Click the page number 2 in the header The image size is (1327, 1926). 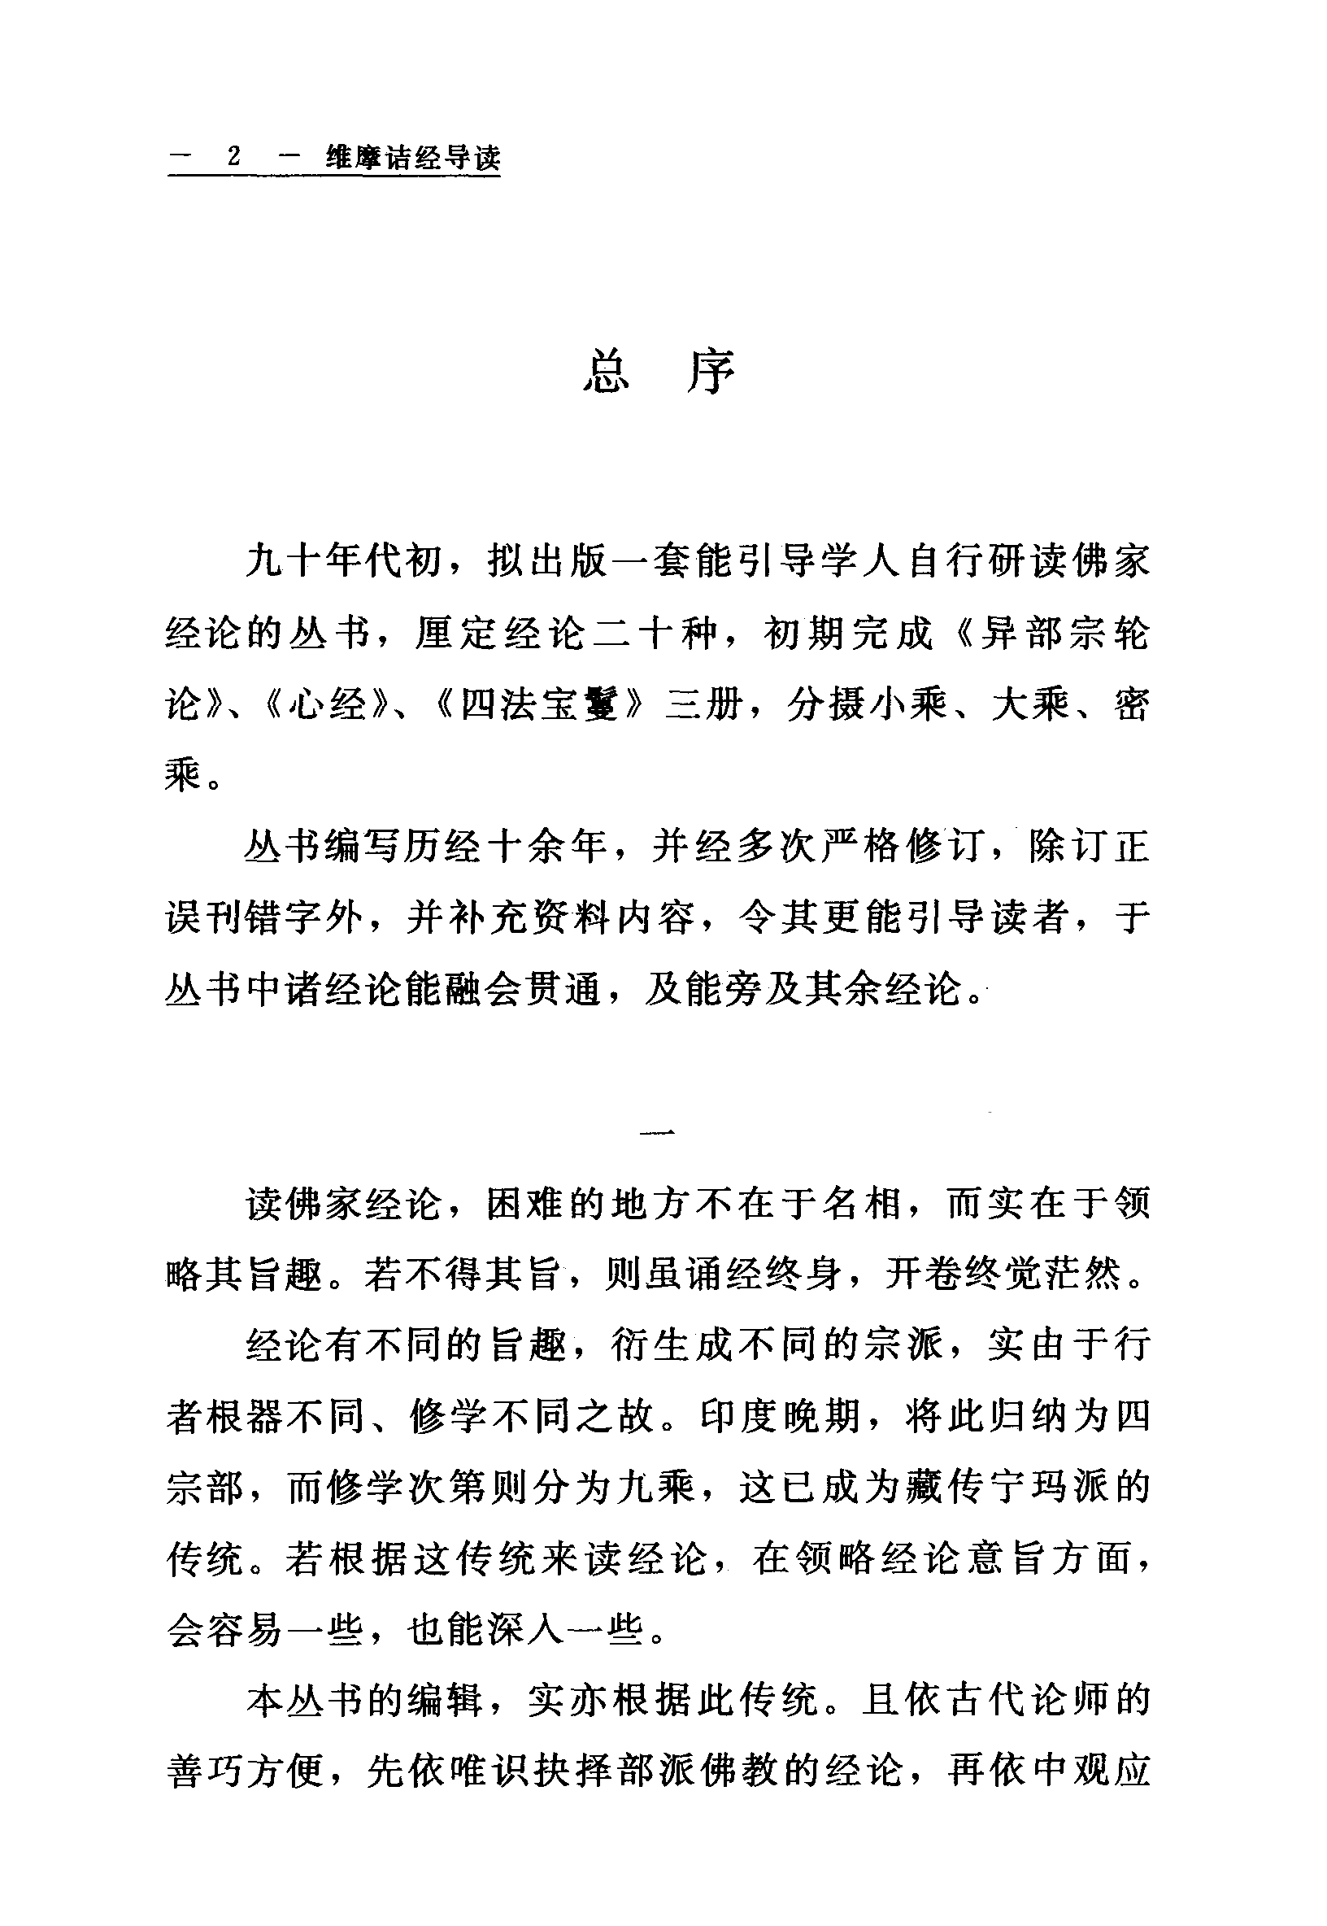[x=233, y=157]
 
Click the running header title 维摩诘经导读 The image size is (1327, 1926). [x=413, y=158]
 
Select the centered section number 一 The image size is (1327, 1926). [x=661, y=1131]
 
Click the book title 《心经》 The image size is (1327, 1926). [x=328, y=706]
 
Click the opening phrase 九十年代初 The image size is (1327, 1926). [x=343, y=563]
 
